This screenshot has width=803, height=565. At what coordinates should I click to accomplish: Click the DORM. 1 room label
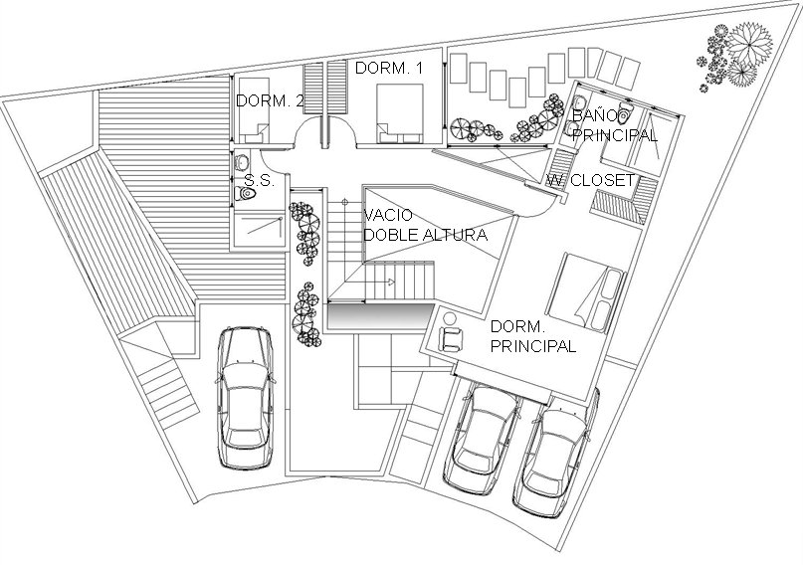(389, 68)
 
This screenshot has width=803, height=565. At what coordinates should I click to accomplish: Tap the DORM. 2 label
(270, 100)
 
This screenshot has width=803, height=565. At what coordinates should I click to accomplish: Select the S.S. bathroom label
(260, 180)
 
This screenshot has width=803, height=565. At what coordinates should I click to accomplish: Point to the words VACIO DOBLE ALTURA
(425, 225)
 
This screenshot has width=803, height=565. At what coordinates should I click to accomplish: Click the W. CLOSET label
(590, 180)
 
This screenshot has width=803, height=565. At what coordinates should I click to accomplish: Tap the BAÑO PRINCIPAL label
(614, 125)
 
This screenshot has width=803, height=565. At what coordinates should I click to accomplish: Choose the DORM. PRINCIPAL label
(533, 336)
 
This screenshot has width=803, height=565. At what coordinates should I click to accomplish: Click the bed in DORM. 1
(400, 113)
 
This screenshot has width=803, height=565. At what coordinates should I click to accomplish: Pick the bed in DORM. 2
(255, 110)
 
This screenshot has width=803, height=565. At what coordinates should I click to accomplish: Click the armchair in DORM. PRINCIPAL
(451, 339)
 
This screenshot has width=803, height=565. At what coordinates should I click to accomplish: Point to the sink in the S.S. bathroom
(241, 163)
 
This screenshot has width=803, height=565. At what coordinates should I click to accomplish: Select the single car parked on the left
(246, 398)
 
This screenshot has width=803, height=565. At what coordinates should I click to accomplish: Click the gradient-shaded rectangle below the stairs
(378, 317)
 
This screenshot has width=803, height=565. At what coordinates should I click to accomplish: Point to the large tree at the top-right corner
(749, 45)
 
